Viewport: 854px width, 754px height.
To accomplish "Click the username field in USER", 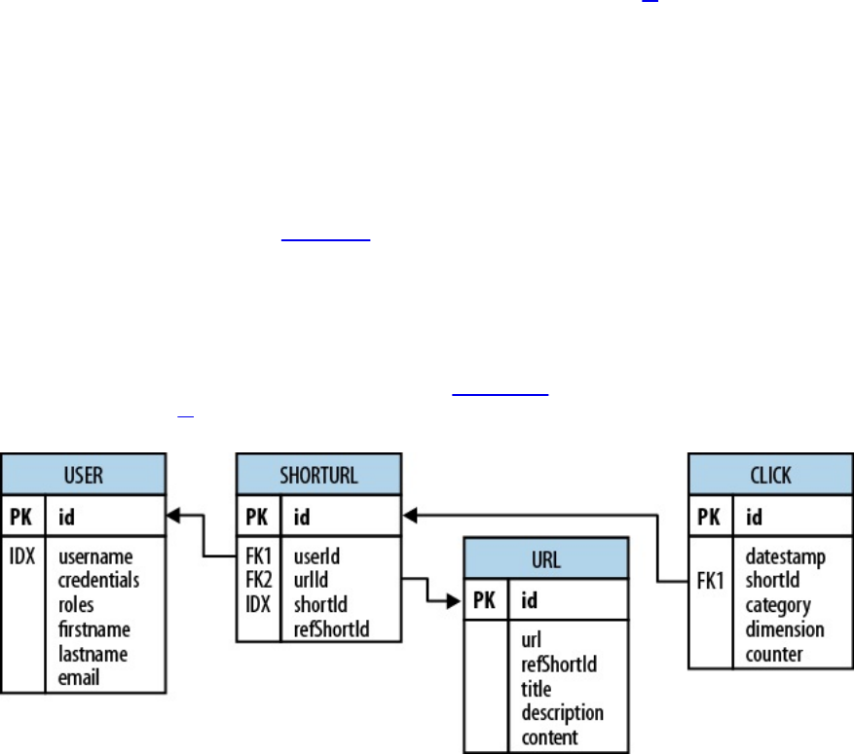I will pos(95,557).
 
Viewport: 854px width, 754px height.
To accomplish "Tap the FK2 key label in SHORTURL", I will pos(258,582).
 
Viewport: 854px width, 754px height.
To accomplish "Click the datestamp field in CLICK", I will pos(785,557).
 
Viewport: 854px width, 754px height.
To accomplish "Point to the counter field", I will pos(774,654).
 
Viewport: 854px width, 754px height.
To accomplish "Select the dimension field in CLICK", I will pos(784,629).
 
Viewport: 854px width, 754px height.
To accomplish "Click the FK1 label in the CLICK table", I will pos(712,582).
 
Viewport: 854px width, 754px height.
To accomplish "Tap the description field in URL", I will pos(562,713).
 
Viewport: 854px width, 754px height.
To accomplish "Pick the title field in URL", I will pos(536,690).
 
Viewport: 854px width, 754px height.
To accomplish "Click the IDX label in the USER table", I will pos(25,557).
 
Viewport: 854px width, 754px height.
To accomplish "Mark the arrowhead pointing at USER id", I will pos(175,518).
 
